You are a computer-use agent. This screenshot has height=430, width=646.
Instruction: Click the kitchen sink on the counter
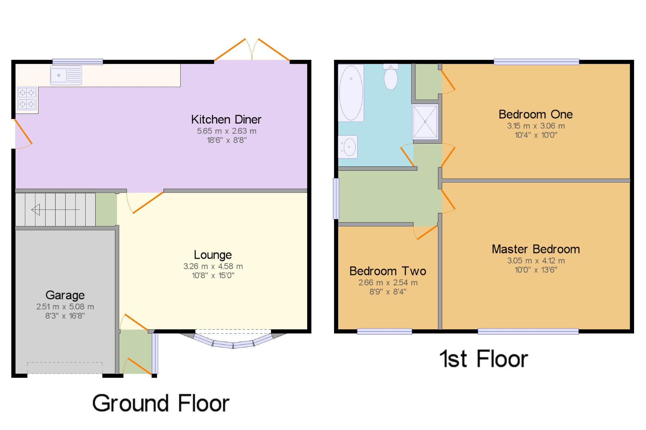[66, 75]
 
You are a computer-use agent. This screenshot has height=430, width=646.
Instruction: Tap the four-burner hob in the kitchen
[27, 98]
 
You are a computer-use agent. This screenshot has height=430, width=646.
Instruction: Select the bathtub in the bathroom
[351, 93]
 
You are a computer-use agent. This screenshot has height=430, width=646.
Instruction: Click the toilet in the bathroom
[391, 77]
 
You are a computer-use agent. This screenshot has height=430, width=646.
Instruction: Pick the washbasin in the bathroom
[348, 147]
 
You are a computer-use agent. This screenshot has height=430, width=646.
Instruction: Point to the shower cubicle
[425, 122]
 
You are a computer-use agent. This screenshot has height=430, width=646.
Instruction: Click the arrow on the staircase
[55, 210]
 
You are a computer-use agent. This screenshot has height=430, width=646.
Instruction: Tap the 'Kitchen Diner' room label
[226, 119]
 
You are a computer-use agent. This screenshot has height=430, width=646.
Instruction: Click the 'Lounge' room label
[213, 255]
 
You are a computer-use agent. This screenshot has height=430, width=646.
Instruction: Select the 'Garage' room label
[65, 295]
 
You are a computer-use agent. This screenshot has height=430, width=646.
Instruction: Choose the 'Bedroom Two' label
[388, 271]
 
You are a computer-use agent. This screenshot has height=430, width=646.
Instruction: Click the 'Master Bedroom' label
[536, 249]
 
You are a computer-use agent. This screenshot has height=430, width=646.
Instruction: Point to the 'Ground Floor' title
[161, 403]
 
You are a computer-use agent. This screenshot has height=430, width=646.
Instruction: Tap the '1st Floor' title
[484, 359]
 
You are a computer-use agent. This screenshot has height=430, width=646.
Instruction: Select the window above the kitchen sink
[78, 62]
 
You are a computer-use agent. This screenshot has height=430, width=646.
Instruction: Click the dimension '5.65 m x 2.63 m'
[227, 131]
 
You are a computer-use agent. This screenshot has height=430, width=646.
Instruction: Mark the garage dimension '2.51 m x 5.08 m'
[65, 306]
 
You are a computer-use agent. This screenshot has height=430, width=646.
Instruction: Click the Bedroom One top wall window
[536, 62]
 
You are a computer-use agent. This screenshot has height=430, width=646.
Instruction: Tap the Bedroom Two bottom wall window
[384, 331]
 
